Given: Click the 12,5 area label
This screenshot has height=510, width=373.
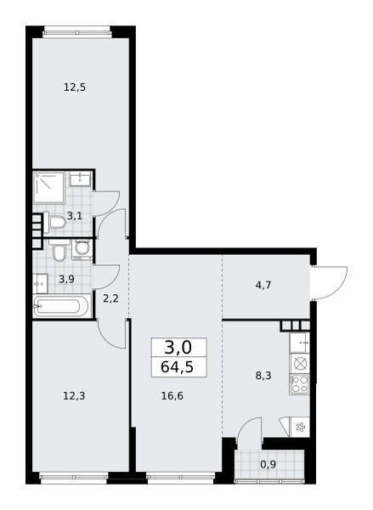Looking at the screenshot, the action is pyautogui.click(x=75, y=88).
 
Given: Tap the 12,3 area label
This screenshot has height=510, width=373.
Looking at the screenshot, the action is pyautogui.click(x=74, y=396).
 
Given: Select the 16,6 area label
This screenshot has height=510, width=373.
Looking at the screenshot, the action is pyautogui.click(x=172, y=396).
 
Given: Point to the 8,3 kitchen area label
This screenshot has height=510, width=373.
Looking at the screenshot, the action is pyautogui.click(x=263, y=376).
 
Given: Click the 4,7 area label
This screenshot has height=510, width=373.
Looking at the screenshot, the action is pyautogui.click(x=263, y=286).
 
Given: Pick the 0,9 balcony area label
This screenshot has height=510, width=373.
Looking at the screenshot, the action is pyautogui.click(x=268, y=464).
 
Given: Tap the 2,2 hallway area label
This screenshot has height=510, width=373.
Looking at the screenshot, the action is pyautogui.click(x=110, y=298).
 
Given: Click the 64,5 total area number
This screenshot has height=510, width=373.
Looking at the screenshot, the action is pyautogui.click(x=178, y=367).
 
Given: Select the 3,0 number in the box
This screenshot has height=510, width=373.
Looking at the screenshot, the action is pyautogui.click(x=178, y=348).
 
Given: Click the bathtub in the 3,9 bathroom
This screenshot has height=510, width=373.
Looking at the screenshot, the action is pyautogui.click(x=61, y=306).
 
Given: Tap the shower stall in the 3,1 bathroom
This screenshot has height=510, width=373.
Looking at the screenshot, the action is pyautogui.click(x=48, y=188).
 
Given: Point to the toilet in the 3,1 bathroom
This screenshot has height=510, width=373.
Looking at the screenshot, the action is pyautogui.click(x=54, y=222).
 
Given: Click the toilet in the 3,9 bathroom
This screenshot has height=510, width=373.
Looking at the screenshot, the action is pyautogui.click(x=59, y=250).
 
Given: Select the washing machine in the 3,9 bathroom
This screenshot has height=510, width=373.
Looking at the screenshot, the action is pyautogui.click(x=82, y=251).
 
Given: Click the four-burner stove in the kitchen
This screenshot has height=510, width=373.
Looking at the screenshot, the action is pyautogui.click(x=299, y=385).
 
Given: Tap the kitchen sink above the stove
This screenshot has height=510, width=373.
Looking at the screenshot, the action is pyautogui.click(x=299, y=343).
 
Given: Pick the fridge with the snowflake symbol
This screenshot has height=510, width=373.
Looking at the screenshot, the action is pyautogui.click(x=300, y=426).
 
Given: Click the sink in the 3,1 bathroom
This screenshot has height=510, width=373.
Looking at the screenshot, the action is pyautogui.click(x=80, y=178).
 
